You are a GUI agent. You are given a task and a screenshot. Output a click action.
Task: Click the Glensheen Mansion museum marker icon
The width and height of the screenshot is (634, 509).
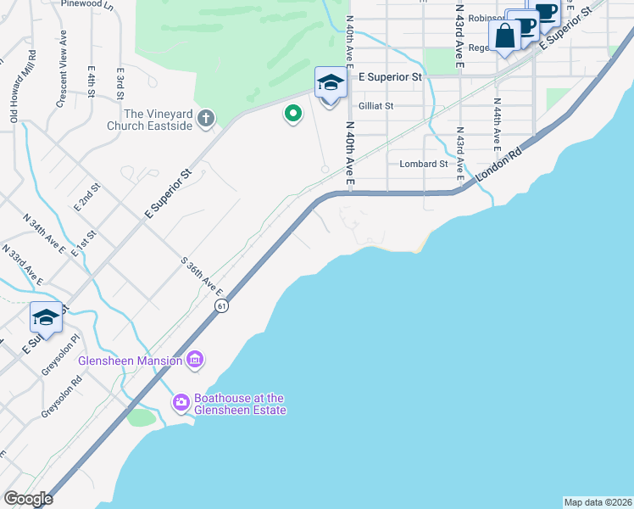pyautogui.click(x=195, y=361)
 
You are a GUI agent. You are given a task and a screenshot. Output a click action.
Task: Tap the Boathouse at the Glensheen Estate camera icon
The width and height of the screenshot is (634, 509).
pyautogui.click(x=181, y=402)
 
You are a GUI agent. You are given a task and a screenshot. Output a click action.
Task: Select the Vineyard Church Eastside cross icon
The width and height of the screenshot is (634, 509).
pyautogui.click(x=206, y=120)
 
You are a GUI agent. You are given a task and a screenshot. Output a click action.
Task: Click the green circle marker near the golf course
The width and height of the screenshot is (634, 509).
pyautogui.click(x=293, y=113)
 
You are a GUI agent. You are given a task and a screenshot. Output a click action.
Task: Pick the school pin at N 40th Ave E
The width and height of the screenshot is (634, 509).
pyautogui.click(x=331, y=84)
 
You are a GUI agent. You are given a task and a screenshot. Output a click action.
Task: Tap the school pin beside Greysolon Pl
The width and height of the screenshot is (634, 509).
pyautogui.click(x=46, y=318)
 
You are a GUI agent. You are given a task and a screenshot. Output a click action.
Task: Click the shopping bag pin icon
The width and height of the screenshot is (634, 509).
pyautogui.click(x=504, y=36)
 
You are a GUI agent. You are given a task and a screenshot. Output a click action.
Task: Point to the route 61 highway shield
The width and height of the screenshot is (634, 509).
pyautogui.click(x=220, y=305)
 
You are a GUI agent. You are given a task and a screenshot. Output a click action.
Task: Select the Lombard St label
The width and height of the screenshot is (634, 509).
pyautogui.click(x=423, y=164)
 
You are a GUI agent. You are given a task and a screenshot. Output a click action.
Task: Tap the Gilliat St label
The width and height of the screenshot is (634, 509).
pyautogui.click(x=376, y=106)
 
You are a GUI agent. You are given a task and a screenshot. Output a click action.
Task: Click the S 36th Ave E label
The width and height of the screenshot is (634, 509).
pyautogui.click(x=204, y=277)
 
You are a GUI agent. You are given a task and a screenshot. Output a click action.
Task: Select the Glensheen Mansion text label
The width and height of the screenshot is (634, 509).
pyautogui.click(x=130, y=361)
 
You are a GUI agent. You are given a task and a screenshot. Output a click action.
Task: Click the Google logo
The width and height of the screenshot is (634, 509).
pyautogui.click(x=28, y=499)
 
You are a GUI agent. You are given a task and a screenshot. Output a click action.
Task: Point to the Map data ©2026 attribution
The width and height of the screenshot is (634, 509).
pyautogui.click(x=598, y=501)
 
